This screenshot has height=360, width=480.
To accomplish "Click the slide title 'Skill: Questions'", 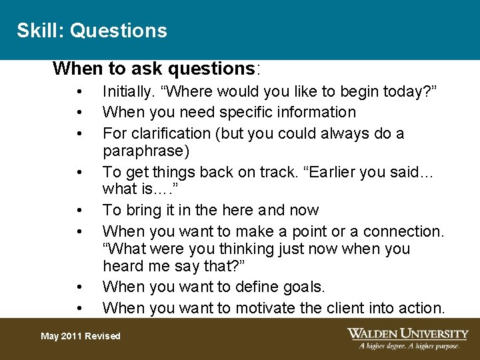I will [92, 31].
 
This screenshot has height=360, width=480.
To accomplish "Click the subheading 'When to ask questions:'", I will [157, 69].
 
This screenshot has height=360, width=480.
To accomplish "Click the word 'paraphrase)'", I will [146, 151].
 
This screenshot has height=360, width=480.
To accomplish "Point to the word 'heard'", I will [122, 266].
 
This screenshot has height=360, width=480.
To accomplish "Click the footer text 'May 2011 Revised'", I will [81, 336].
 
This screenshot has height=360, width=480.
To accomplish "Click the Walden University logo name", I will [408, 333].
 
